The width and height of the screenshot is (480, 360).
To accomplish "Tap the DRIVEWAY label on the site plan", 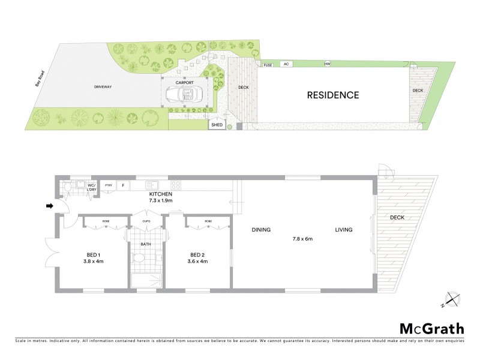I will [x=103, y=87].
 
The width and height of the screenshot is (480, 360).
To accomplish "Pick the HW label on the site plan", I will [x=328, y=64].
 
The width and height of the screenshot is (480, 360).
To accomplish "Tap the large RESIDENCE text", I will [x=333, y=95].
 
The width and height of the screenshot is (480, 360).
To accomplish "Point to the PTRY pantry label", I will [x=109, y=185].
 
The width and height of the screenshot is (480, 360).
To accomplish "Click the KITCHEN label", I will [x=160, y=194].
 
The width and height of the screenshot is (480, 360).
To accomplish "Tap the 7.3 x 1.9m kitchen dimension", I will [x=160, y=201].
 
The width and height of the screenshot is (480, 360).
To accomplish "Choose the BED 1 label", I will [x=93, y=254].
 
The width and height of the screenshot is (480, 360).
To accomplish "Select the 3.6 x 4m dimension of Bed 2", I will [x=198, y=261].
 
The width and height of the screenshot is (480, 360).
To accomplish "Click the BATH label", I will [x=146, y=244].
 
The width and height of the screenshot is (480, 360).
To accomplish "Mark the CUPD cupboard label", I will [x=146, y=221].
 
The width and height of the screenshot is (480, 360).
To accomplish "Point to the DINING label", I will [x=262, y=230].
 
